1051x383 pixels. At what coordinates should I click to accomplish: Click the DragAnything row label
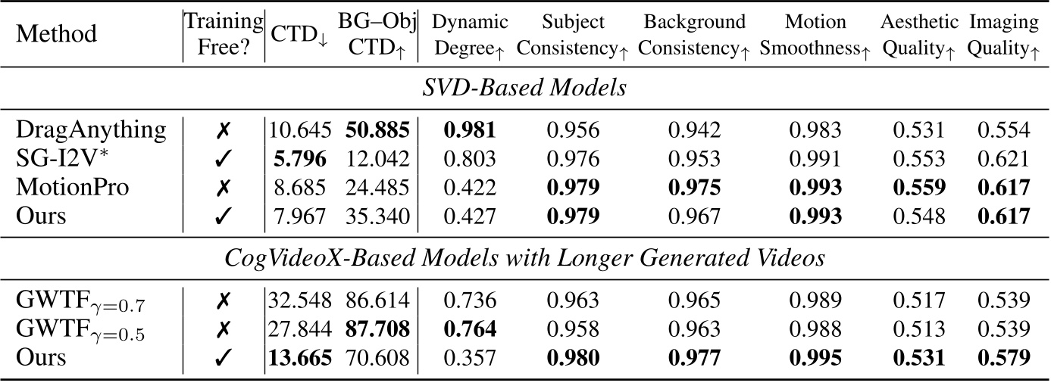point(91,129)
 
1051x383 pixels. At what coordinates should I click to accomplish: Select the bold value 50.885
point(377,129)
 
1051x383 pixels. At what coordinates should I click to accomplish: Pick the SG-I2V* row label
point(64,158)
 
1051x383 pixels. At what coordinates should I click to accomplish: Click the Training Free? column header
point(224,34)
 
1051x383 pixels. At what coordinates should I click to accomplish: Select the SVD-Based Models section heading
point(524,88)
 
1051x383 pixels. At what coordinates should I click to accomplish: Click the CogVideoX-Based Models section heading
point(524,259)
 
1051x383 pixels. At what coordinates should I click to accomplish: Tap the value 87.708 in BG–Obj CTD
point(377,329)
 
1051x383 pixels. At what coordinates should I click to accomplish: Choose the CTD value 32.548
point(299,300)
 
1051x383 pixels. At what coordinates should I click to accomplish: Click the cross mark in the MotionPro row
point(224,187)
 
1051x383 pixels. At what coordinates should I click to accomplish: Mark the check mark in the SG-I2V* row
point(224,158)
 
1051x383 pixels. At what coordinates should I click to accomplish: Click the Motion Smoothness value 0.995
point(815,357)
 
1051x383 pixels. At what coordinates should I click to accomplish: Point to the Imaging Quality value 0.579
point(1003,357)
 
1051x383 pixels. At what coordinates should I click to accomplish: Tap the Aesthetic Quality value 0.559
point(918,187)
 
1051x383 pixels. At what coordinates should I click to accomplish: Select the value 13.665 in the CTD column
point(299,357)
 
